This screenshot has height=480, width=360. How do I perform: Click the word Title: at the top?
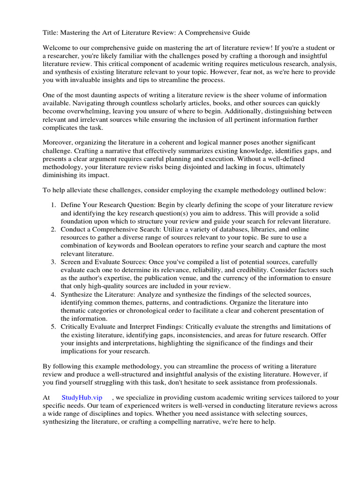tap(51, 33)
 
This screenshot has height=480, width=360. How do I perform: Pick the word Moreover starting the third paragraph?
tap(59, 142)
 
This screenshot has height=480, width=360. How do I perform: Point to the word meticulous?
tap(267, 64)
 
